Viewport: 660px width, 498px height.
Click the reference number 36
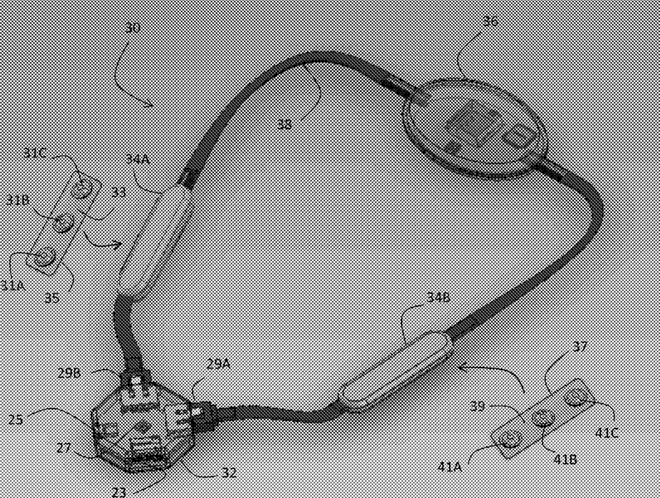click(490, 23)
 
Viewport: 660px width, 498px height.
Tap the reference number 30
click(132, 27)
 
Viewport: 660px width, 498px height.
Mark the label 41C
click(607, 432)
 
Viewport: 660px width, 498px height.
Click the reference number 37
click(580, 347)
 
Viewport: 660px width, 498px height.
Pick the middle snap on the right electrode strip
click(541, 417)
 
